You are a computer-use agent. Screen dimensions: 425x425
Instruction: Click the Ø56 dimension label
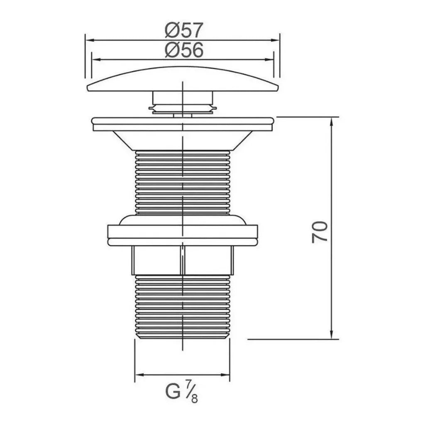184,50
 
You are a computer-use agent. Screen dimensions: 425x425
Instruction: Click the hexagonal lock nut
183,260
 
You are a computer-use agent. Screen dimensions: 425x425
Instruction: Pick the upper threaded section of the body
183,183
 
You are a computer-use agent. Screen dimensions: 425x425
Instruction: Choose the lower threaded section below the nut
183,306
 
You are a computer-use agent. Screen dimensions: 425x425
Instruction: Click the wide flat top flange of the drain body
183,124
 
